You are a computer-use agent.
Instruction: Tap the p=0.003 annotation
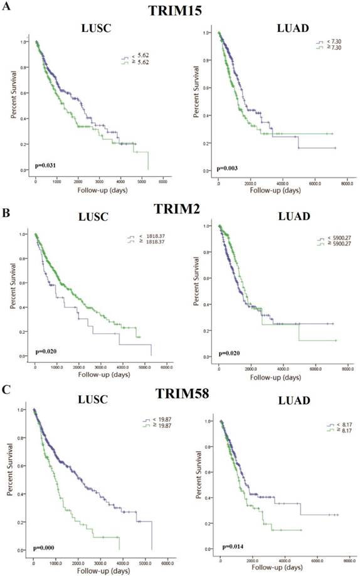point(227,168)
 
